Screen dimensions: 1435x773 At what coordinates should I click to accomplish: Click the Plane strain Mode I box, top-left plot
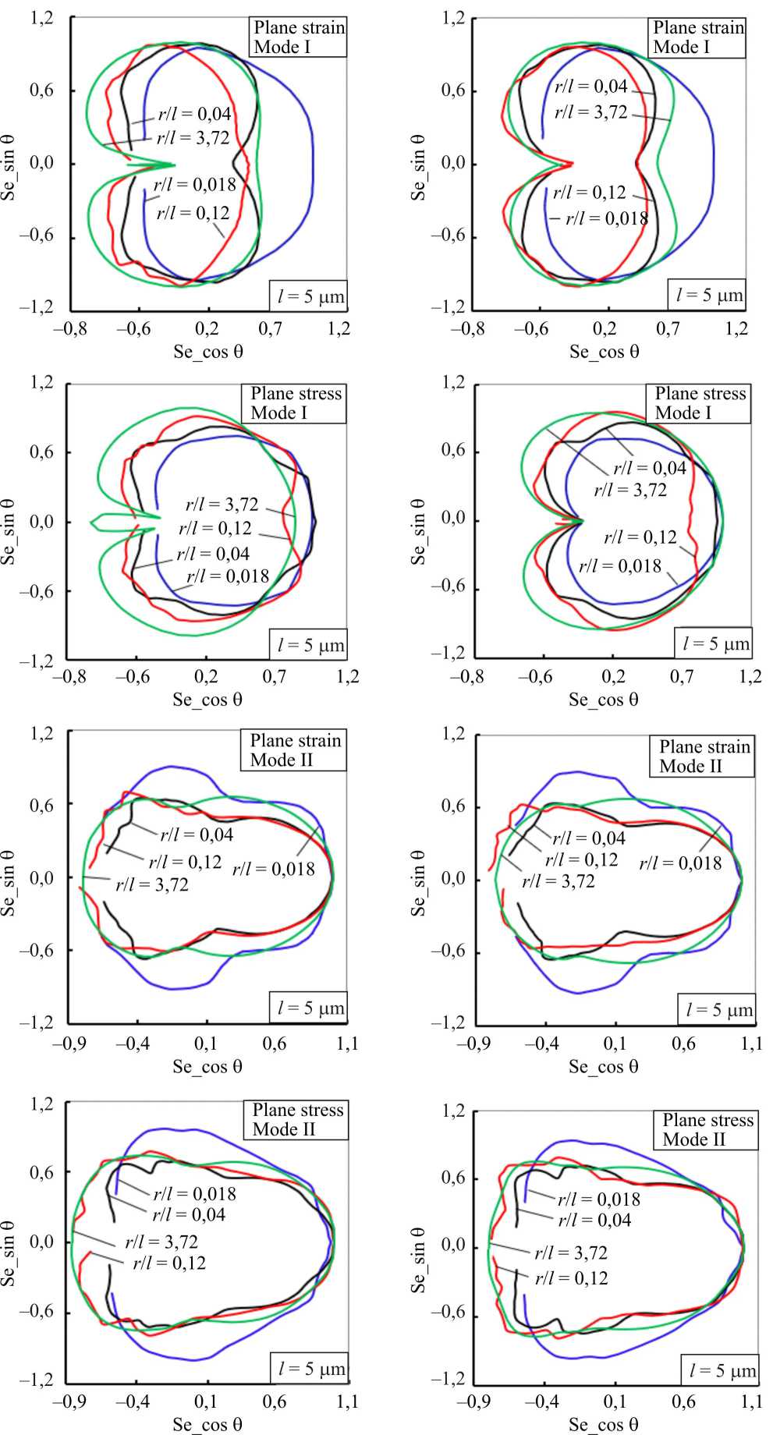[x=299, y=37]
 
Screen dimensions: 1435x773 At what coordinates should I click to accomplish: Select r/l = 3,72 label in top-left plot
[x=193, y=138]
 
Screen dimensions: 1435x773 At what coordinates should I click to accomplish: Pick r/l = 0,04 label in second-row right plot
[x=650, y=468]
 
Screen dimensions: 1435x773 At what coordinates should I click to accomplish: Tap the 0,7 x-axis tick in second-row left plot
[x=274, y=676]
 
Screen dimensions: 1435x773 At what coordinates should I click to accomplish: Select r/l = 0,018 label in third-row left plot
[x=274, y=869]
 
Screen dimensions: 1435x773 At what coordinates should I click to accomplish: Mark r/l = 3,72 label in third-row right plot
[x=558, y=881]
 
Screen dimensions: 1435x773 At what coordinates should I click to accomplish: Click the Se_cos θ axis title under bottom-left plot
[x=207, y=1425]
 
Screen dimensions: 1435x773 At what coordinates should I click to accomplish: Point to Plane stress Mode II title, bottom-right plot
[x=707, y=1130]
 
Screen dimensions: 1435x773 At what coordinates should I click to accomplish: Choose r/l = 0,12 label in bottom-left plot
[x=169, y=1263]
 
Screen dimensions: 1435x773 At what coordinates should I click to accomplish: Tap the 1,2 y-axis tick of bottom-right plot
[x=453, y=1111]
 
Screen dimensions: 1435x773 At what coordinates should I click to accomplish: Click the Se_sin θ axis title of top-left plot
[x=9, y=166]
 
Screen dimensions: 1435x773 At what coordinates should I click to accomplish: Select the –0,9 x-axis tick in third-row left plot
[x=69, y=1043]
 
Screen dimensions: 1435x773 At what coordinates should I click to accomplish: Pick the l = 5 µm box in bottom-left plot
[x=310, y=1369]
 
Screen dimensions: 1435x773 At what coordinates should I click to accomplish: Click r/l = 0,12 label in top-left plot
[x=193, y=213]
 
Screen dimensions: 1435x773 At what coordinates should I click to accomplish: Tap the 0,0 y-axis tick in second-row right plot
[x=453, y=519]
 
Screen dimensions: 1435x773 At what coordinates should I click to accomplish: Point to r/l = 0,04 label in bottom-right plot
[x=594, y=1220]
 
